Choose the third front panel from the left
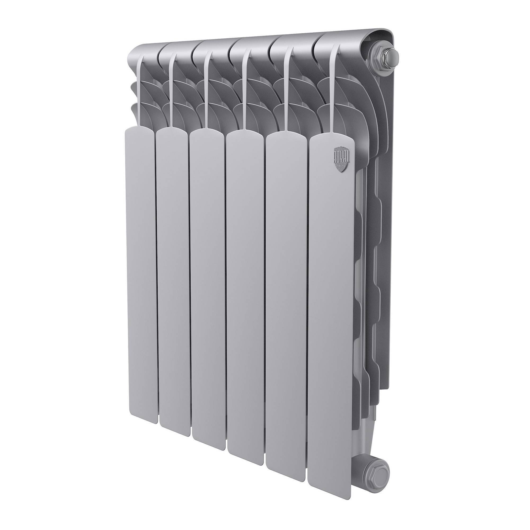(208, 296)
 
